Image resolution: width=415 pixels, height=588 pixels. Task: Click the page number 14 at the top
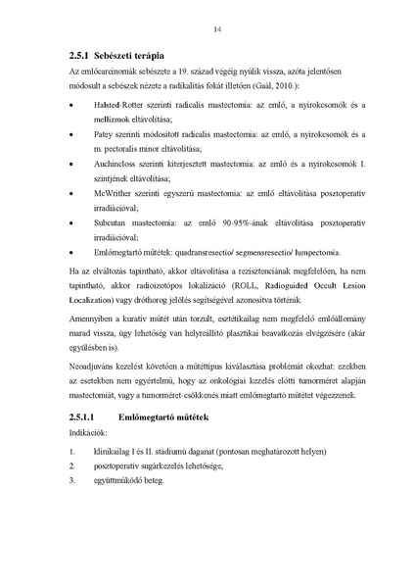pyautogui.click(x=214, y=29)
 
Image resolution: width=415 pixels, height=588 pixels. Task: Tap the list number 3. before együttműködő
pyautogui.click(x=73, y=480)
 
